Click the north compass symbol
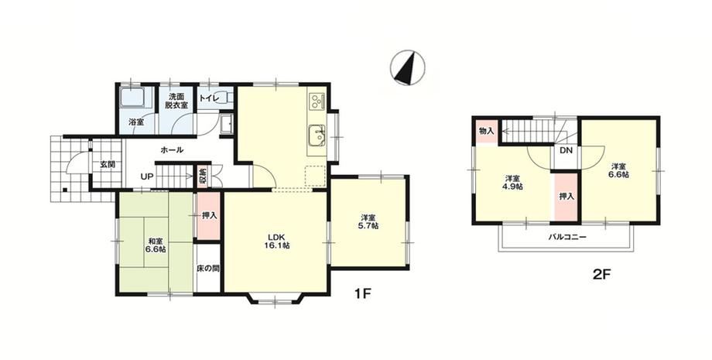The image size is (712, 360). [407, 67]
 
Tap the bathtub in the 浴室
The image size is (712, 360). [132, 98]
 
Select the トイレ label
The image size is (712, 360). [210, 98]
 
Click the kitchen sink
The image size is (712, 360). [316, 135]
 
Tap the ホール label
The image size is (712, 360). [172, 149]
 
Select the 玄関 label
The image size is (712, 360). [108, 164]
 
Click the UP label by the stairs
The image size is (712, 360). [146, 177]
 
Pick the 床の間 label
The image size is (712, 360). [208, 269]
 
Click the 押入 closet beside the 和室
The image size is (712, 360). [209, 215]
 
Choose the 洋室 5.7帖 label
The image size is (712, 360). [368, 222]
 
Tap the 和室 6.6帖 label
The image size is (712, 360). [156, 245]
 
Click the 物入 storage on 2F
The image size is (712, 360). [486, 131]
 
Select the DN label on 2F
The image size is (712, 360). [566, 151]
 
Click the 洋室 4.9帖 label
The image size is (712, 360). [512, 182]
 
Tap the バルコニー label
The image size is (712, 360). [567, 237]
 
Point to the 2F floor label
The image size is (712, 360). [603, 274]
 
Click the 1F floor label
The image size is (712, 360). [363, 293]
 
